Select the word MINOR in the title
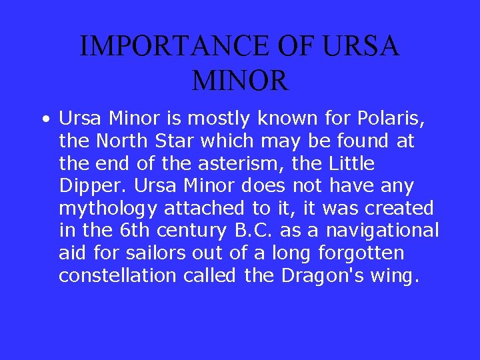(x=240, y=81)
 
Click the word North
(x=119, y=141)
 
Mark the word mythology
(x=108, y=209)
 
